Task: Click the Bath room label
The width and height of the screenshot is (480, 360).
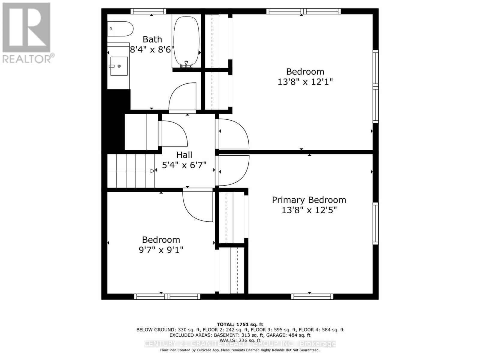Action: (152, 39)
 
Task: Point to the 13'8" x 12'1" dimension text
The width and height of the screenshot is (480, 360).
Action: (305, 82)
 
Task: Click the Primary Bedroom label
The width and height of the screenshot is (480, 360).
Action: (309, 200)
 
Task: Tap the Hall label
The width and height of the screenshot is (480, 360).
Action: (184, 155)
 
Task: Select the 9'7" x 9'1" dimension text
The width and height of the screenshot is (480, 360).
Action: (161, 250)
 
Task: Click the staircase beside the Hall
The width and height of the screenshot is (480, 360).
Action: (131, 171)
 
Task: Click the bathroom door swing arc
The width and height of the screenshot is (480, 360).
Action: (182, 97)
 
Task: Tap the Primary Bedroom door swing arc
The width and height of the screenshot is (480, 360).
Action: (234, 171)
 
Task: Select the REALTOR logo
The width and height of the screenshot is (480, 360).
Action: (27, 33)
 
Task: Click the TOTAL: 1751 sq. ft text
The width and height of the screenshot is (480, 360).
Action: (240, 324)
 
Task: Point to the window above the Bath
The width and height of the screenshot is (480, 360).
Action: (148, 11)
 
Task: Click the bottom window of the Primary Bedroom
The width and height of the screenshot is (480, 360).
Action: (312, 296)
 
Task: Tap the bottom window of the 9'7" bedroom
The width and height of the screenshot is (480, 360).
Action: (167, 296)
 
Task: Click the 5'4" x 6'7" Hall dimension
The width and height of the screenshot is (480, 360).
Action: (184, 165)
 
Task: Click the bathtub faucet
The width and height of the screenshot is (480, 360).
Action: (186, 64)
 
